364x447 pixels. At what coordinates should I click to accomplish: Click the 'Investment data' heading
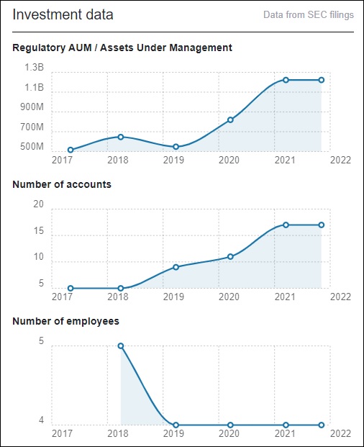click(x=63, y=14)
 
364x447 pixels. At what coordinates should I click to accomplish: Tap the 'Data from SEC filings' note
click(x=309, y=15)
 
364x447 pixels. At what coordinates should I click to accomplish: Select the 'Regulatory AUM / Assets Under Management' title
click(x=122, y=48)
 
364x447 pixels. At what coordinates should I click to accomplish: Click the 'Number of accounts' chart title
click(x=62, y=184)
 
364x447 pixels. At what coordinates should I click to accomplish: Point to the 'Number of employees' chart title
click(x=65, y=321)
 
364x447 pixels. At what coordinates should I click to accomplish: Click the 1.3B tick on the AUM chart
click(x=35, y=67)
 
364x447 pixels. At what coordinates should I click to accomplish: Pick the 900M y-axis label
click(x=32, y=107)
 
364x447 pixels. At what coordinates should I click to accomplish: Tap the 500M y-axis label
click(x=32, y=147)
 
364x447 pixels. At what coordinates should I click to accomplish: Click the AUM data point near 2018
click(x=120, y=137)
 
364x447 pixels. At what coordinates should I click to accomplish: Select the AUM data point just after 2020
click(x=230, y=120)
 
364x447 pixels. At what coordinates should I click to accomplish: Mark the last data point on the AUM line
click(x=322, y=80)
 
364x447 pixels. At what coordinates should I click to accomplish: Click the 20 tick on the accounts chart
click(x=38, y=204)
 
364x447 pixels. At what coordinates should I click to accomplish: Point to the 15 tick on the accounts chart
click(x=38, y=230)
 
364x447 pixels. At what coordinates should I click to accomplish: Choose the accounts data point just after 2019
click(x=176, y=267)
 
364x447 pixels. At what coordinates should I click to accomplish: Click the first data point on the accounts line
click(x=70, y=289)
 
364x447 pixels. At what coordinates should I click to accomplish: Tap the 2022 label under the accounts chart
click(x=340, y=297)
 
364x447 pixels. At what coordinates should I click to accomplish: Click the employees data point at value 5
click(x=120, y=346)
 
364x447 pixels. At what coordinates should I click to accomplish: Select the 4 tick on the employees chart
click(x=41, y=420)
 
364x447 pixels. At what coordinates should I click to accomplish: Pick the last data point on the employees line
click(x=322, y=425)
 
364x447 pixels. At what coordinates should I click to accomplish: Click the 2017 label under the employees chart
click(x=62, y=434)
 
